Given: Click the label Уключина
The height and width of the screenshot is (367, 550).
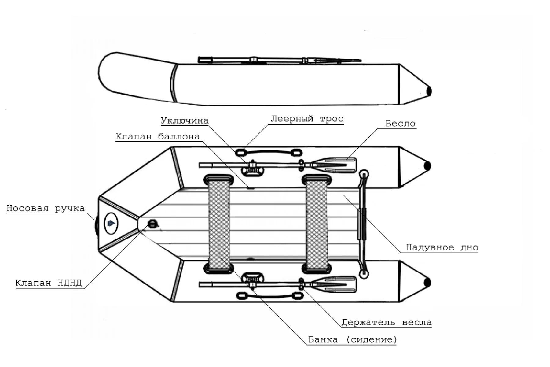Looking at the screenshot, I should (185, 120).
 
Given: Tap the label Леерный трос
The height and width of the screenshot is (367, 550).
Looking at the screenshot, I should (307, 119).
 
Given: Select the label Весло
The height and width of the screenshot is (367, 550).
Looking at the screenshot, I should (400, 124).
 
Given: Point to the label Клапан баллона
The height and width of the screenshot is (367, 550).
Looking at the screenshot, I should (158, 136).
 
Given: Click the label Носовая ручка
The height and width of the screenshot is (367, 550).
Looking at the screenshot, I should (46, 208).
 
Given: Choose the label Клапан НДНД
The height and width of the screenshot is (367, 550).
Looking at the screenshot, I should (49, 283).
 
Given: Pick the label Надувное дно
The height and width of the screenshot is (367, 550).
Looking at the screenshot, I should (442, 247).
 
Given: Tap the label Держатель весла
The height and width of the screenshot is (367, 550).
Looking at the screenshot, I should (387, 322).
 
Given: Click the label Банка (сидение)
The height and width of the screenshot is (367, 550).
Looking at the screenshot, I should (352, 339).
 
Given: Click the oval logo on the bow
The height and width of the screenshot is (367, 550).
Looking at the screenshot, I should (111, 224).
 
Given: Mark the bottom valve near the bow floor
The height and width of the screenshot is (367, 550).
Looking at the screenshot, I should (152, 224).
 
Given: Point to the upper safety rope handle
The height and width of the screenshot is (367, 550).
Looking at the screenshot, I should (269, 152).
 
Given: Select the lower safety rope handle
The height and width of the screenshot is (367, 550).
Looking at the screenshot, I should (269, 296).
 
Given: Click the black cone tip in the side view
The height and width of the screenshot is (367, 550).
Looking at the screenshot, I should (428, 91).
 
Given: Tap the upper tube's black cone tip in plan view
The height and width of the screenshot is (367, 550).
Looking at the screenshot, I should (427, 166).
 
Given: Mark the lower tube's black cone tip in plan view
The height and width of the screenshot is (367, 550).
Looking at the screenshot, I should (427, 282).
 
